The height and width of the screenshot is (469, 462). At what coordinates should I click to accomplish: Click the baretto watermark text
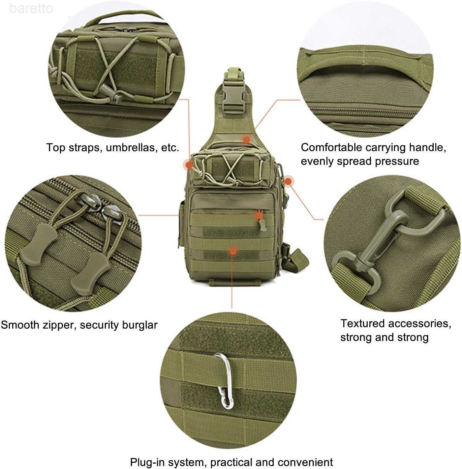pos(31,9)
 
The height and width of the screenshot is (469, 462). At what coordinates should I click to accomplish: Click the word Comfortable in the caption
pos(331,147)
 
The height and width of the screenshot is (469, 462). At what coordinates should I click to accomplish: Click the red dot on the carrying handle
pos(247,140)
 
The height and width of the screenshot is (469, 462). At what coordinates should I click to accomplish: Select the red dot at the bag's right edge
pos(288,181)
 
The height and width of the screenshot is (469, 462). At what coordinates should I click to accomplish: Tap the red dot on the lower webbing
pos(233,251)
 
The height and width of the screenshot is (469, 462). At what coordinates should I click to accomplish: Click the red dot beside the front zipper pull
pos(259,215)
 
